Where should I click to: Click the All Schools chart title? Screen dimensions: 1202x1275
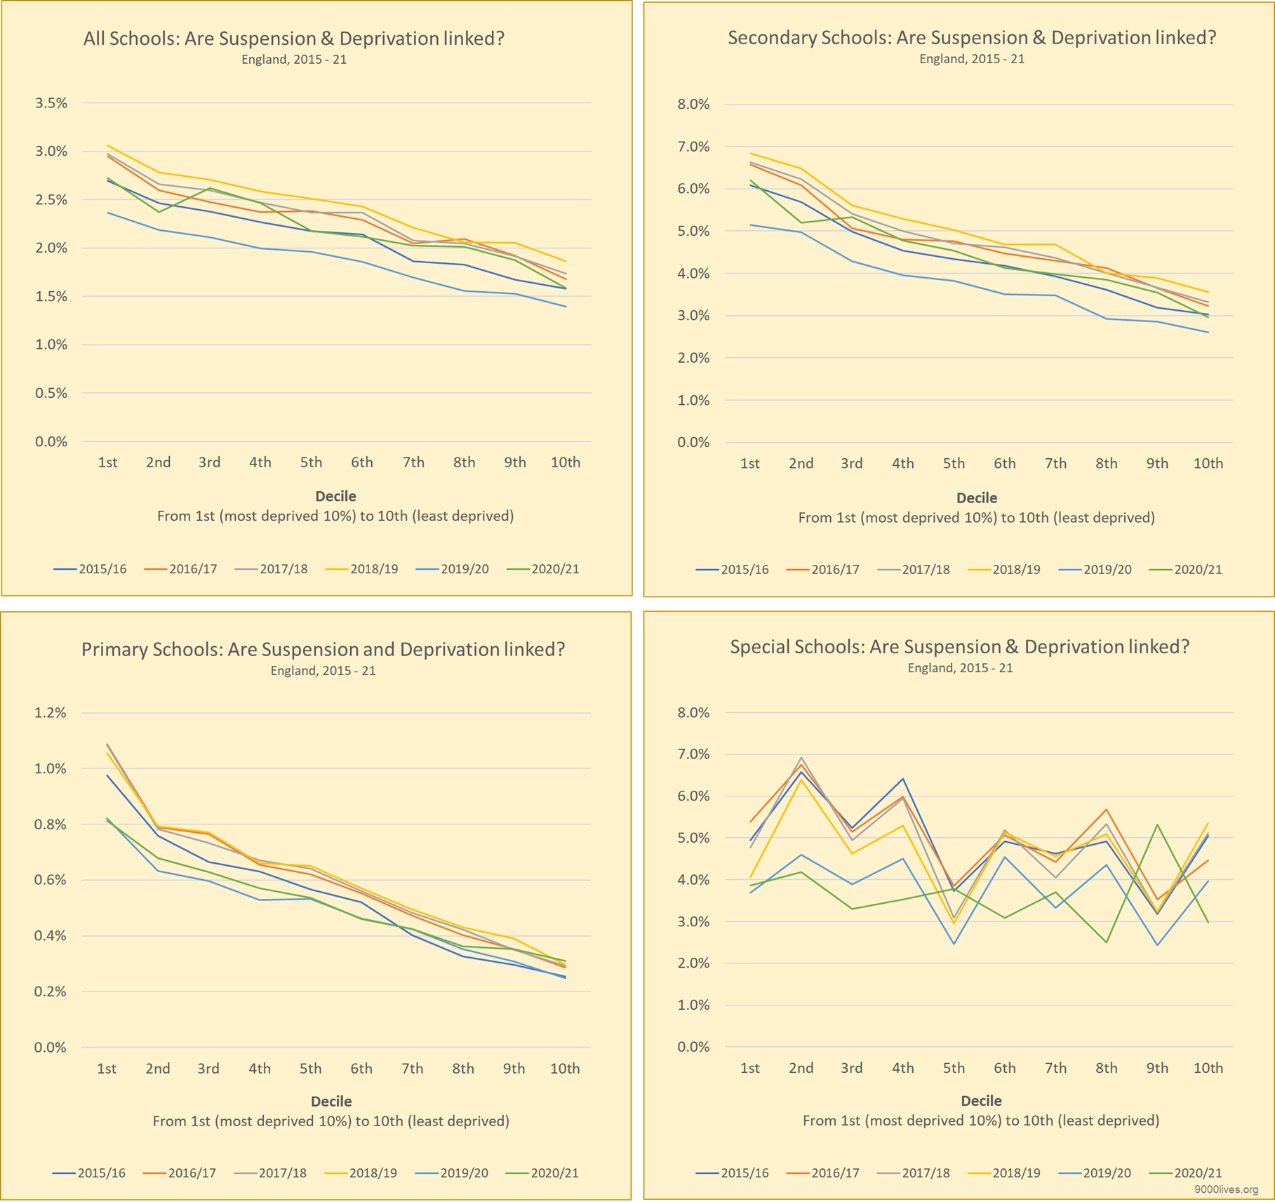(293, 38)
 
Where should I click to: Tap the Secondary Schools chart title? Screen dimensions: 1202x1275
(971, 37)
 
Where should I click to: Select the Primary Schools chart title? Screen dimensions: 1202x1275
(323, 649)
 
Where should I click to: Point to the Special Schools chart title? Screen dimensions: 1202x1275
(959, 646)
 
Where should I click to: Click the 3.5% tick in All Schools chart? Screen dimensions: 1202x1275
(51, 103)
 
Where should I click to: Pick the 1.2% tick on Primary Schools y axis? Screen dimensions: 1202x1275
(50, 713)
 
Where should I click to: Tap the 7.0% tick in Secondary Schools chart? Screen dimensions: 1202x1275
(693, 147)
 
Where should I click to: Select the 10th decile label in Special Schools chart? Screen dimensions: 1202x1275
(1208, 1068)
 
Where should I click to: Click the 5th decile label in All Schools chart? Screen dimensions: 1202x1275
(311, 462)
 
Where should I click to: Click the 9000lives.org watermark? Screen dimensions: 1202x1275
(1226, 1189)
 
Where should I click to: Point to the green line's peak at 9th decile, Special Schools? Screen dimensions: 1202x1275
(1157, 825)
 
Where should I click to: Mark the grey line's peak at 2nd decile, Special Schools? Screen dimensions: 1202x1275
(801, 758)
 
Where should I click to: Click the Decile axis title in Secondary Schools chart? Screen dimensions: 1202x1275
(976, 498)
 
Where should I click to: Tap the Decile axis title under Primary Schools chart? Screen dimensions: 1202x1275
(331, 1102)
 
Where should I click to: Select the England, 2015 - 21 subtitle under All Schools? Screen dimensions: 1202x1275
(293, 60)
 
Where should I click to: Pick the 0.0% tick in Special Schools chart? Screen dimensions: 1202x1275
(693, 1047)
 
